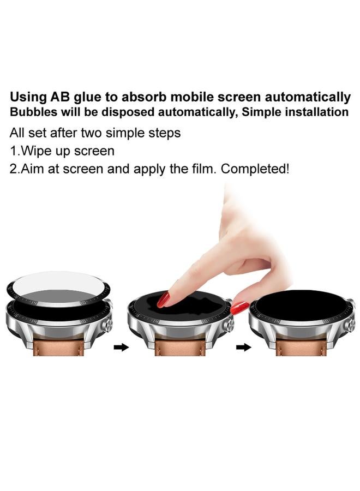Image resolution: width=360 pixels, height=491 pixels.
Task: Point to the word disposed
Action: click(126, 112)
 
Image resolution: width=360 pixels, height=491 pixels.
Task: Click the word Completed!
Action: click(255, 169)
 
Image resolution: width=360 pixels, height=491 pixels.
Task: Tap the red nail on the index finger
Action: click(163, 300)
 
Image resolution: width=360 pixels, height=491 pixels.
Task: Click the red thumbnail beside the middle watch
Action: click(239, 308)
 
